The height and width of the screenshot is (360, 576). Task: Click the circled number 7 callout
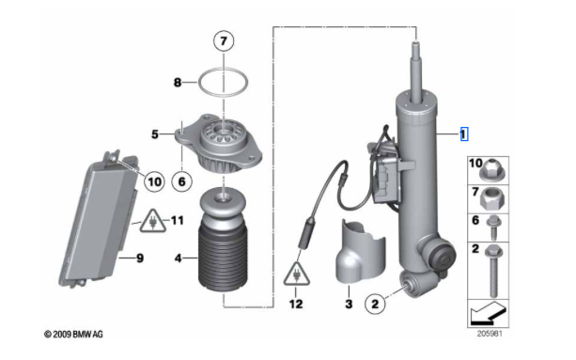click(224, 40)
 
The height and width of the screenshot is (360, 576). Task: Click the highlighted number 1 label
click(464, 134)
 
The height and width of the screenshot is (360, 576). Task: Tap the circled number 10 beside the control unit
click(154, 181)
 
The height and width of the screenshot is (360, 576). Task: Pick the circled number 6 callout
click(182, 181)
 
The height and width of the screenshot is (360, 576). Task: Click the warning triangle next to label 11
click(153, 221)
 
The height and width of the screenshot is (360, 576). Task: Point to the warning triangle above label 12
click(296, 274)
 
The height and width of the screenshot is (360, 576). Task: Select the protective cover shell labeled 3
click(361, 253)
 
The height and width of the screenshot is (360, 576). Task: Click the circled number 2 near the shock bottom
click(375, 304)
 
